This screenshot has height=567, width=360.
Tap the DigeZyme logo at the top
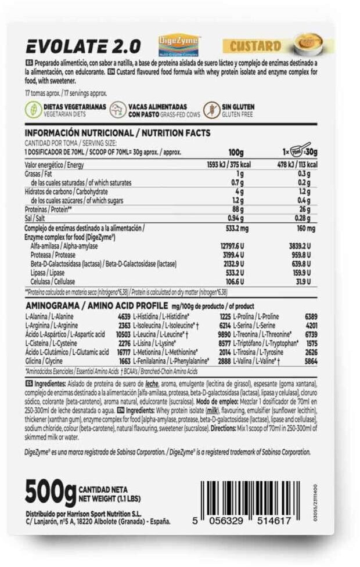point(179,44)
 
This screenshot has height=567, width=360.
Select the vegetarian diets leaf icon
point(33,110)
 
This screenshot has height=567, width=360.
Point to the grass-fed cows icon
point(118,110)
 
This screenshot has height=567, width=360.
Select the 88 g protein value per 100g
point(238,209)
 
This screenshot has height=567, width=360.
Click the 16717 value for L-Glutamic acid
point(119,352)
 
